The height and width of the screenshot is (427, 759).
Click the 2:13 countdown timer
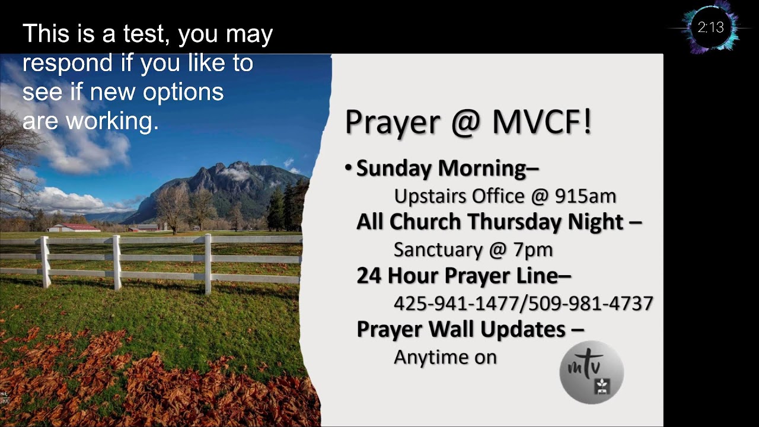point(710,27)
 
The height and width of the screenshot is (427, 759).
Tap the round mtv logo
point(591,372)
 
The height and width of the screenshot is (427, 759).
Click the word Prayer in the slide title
point(391,122)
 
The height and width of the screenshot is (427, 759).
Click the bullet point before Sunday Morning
point(349,168)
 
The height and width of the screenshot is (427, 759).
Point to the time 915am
point(585,196)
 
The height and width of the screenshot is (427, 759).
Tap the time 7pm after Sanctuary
point(533,250)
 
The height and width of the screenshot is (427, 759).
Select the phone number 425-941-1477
point(455,304)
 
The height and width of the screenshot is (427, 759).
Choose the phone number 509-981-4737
point(590,304)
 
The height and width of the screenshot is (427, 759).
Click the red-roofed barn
point(75,227)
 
